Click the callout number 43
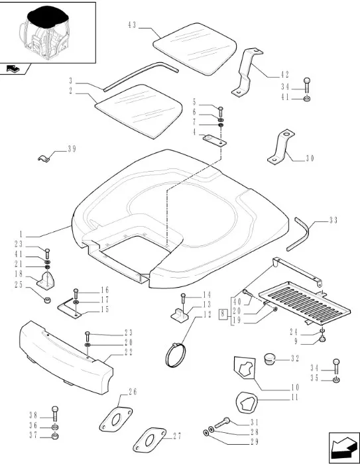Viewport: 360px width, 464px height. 132,25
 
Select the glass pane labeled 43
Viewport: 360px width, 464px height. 195,48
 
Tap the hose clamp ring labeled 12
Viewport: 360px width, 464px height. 175,355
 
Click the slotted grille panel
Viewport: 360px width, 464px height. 304,302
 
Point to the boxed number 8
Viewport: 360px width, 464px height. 223,314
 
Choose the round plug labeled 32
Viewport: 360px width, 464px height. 269,359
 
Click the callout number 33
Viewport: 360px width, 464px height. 333,221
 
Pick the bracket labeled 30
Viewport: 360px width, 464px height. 280,146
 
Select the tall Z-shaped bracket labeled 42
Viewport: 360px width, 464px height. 247,72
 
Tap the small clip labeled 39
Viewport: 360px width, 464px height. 44,158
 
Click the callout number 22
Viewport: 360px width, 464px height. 129,352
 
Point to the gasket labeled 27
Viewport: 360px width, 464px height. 149,439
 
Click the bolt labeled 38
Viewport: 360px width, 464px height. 55,414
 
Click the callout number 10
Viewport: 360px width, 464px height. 296,387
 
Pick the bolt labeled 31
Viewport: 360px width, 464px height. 222,423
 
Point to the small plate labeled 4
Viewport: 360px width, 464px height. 215,140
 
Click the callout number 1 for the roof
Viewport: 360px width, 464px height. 21,235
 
